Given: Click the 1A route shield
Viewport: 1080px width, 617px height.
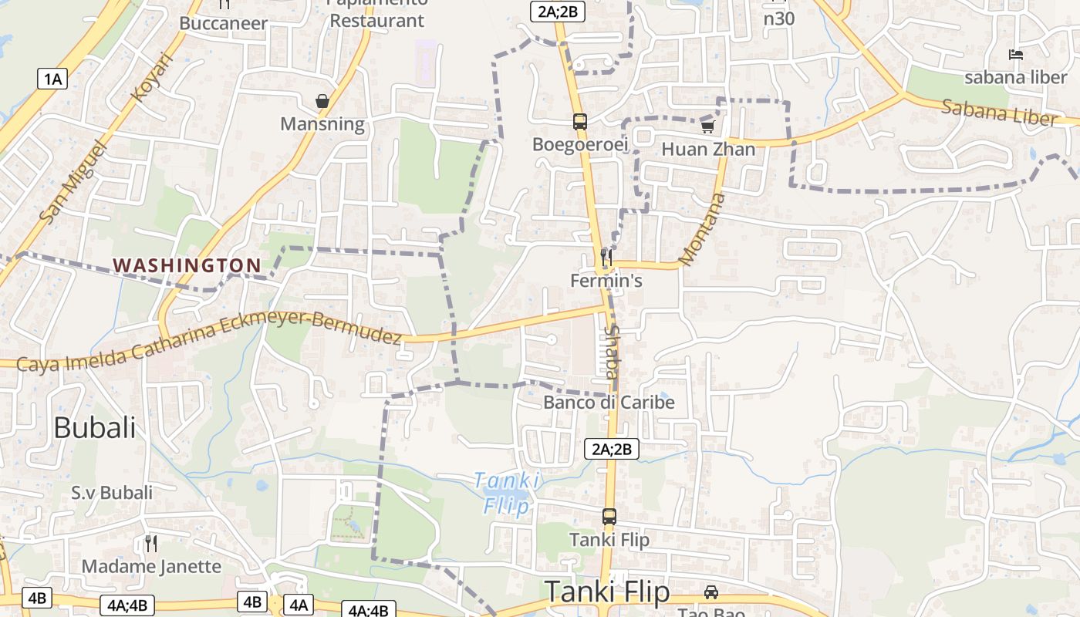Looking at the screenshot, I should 52,78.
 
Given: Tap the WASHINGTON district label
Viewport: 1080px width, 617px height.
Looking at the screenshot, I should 187,265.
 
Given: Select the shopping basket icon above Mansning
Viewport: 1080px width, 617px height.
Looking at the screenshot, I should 322,101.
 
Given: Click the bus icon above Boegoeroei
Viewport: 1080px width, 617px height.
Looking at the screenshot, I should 579,121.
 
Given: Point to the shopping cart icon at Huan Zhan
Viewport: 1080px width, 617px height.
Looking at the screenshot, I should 707,126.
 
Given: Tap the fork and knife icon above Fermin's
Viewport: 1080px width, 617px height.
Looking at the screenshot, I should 606,257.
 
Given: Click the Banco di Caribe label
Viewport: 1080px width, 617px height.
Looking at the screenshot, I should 609,402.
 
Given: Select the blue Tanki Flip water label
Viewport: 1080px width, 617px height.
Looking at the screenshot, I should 506,493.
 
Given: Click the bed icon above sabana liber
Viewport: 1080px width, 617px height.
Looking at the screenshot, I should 1016,55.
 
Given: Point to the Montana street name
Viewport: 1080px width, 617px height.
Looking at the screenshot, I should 703,228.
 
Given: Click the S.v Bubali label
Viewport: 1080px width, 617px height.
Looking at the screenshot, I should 112,492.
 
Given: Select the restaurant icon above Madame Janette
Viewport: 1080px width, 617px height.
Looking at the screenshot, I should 151,544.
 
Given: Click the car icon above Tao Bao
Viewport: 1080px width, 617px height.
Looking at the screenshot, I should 711,592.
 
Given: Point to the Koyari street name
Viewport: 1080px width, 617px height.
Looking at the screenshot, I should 150,76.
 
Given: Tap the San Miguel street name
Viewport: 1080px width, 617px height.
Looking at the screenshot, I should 70,182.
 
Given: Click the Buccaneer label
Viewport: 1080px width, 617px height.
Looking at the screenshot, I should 223,23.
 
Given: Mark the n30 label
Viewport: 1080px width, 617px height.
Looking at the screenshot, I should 778,19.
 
